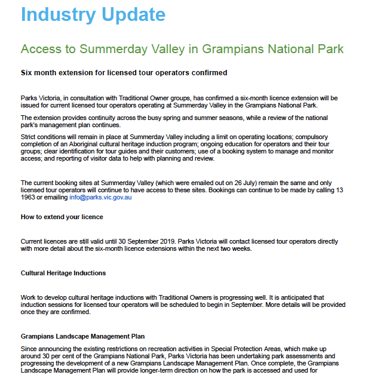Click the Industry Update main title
pos(94,14)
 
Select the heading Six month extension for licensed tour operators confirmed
pos(124,73)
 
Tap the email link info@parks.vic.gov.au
pos(100,197)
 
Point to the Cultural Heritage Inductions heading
pos(63,273)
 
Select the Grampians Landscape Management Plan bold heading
pos(82,336)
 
